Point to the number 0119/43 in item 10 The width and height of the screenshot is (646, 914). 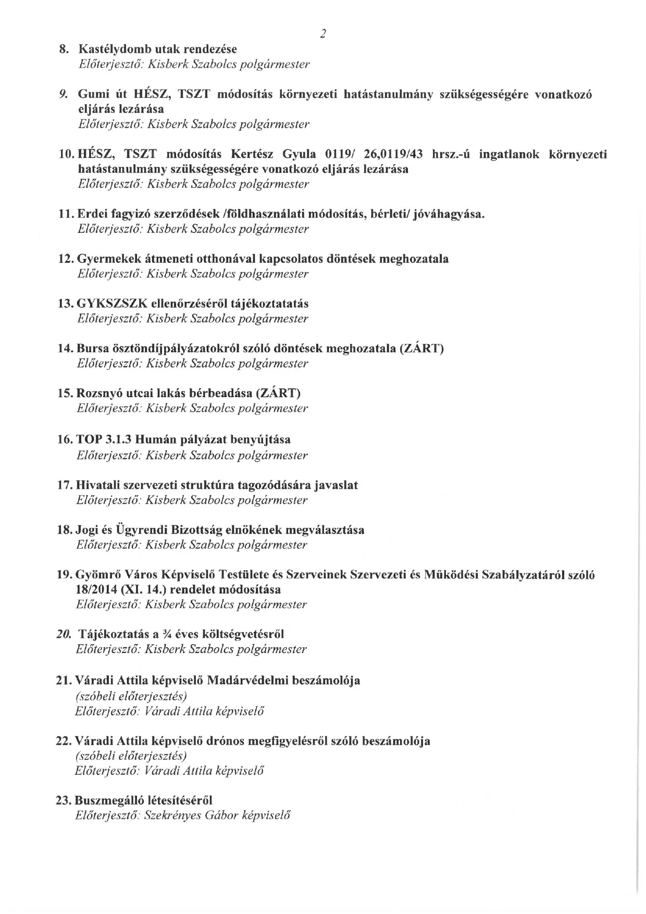coord(399,154)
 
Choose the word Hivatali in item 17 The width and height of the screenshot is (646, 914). coord(97,485)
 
